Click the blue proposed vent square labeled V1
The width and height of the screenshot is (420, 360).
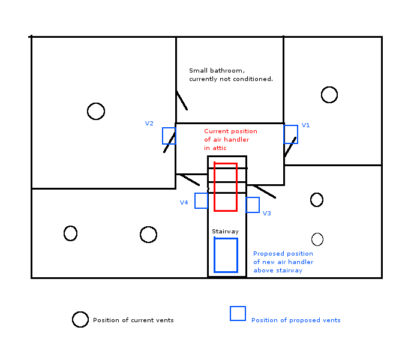pos(290,134)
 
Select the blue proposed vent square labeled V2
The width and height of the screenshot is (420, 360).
pos(169,136)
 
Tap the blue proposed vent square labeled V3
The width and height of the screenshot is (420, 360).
pos(253,205)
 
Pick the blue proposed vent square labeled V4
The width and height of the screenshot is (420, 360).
pos(201,200)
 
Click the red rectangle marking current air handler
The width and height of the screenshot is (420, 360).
pos(226,187)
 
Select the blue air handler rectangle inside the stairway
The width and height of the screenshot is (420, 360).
pos(226,255)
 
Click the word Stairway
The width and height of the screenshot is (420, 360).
pos(225,232)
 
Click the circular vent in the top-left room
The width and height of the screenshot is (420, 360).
pos(96,111)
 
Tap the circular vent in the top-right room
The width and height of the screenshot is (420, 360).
pos(329,95)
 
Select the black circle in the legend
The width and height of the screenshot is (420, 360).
pos(80,320)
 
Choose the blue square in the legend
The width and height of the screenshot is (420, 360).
pos(238,314)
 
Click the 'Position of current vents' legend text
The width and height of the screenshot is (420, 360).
pos(133,320)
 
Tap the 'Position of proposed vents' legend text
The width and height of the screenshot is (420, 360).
pos(296,320)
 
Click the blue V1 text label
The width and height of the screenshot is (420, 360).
pos(305,125)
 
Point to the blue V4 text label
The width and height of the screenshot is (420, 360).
pos(184,203)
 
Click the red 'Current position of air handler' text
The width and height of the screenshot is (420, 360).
pos(230,139)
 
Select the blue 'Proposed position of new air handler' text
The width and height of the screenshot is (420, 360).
pos(283,262)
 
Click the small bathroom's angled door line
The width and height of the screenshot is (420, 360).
pos(181,100)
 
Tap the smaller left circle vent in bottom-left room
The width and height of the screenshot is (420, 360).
pos(70,233)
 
